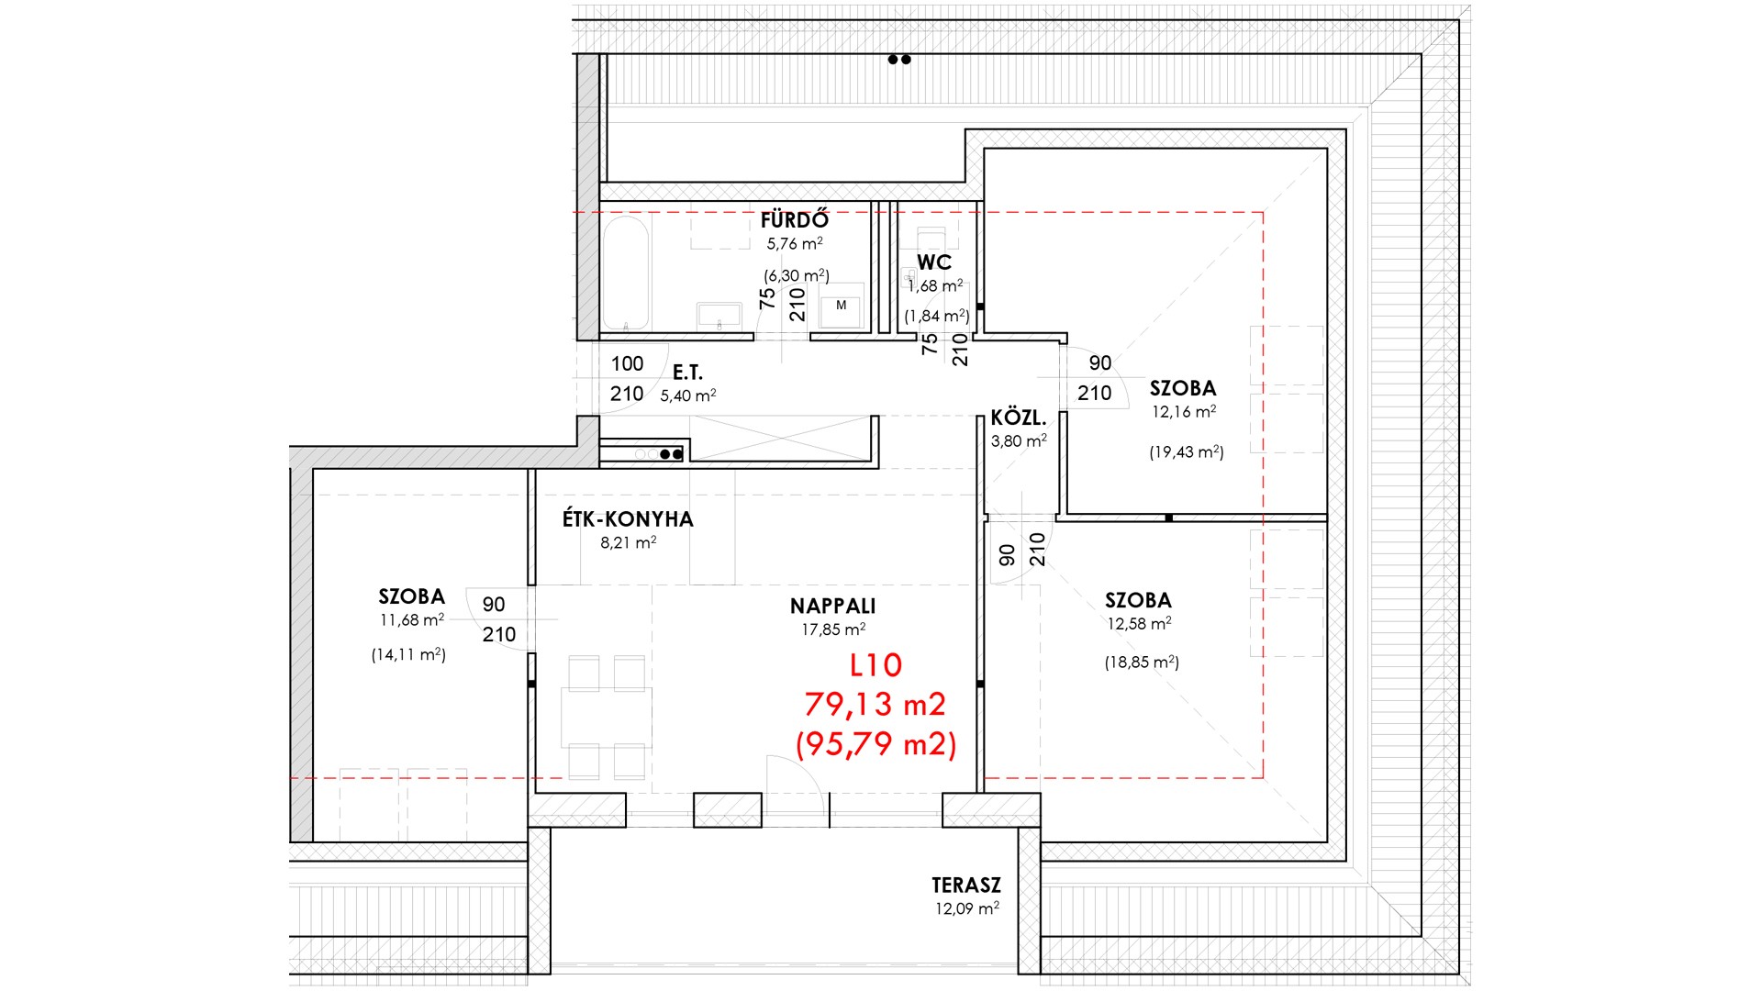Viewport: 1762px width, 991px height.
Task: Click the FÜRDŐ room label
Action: click(795, 220)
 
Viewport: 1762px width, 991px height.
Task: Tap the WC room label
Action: click(934, 263)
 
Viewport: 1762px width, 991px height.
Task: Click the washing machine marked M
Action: click(842, 306)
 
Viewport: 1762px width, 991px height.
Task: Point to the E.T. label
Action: click(687, 373)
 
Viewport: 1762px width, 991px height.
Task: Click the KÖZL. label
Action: click(1018, 418)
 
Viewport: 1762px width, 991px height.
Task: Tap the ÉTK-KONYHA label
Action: click(628, 519)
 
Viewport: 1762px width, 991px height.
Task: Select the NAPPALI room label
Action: click(832, 607)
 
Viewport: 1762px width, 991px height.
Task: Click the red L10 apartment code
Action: click(876, 665)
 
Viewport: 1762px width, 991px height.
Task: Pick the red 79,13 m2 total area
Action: click(875, 705)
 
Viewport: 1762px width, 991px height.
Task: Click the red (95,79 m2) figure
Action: click(875, 744)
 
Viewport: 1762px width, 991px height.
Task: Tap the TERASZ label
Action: click(966, 885)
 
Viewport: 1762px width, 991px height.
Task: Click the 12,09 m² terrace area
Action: click(967, 909)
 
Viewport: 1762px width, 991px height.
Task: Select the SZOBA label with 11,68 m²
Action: click(411, 597)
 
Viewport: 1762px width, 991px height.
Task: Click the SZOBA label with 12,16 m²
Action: click(1183, 389)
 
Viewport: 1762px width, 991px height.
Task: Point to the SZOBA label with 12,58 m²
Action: click(1138, 601)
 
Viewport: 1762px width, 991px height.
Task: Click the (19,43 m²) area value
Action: click(1187, 452)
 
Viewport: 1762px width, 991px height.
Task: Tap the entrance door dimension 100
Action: click(628, 364)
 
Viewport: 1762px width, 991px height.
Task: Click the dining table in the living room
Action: click(607, 718)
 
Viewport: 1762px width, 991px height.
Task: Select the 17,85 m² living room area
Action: click(833, 630)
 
